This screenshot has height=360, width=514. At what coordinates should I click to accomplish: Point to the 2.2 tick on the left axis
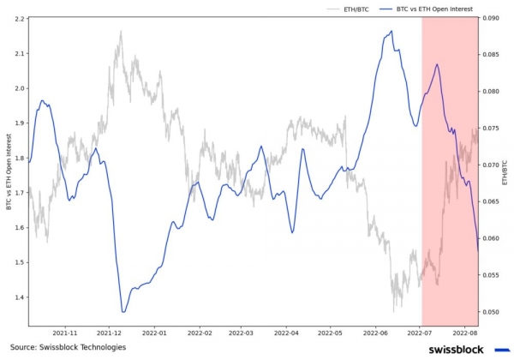19,18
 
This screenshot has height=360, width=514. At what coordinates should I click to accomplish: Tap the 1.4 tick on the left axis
19,297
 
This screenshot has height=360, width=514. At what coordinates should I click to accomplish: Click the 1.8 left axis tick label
19,158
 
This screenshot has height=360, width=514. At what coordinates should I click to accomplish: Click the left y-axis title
8,171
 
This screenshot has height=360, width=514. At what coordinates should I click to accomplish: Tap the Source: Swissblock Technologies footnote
68,347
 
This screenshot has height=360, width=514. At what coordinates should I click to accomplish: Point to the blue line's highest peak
391,32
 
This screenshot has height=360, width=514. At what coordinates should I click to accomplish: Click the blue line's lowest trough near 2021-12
123,312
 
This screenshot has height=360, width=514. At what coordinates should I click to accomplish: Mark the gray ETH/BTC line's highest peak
121,32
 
